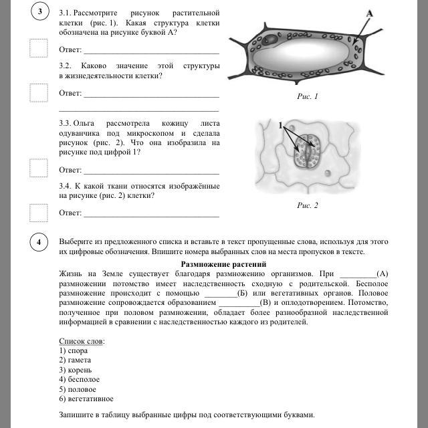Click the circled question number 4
tap(41, 242)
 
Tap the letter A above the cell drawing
tap(368, 13)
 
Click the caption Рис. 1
tap(308, 97)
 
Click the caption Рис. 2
tap(308, 205)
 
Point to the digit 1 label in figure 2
tap(281, 125)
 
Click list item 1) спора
tap(74, 350)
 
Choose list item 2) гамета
tap(75, 360)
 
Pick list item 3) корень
tap(75, 369)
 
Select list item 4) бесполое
tap(79, 379)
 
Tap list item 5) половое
tap(78, 389)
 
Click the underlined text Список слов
tap(82, 341)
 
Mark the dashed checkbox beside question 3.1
tap(39, 48)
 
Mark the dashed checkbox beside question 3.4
tap(39, 212)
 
